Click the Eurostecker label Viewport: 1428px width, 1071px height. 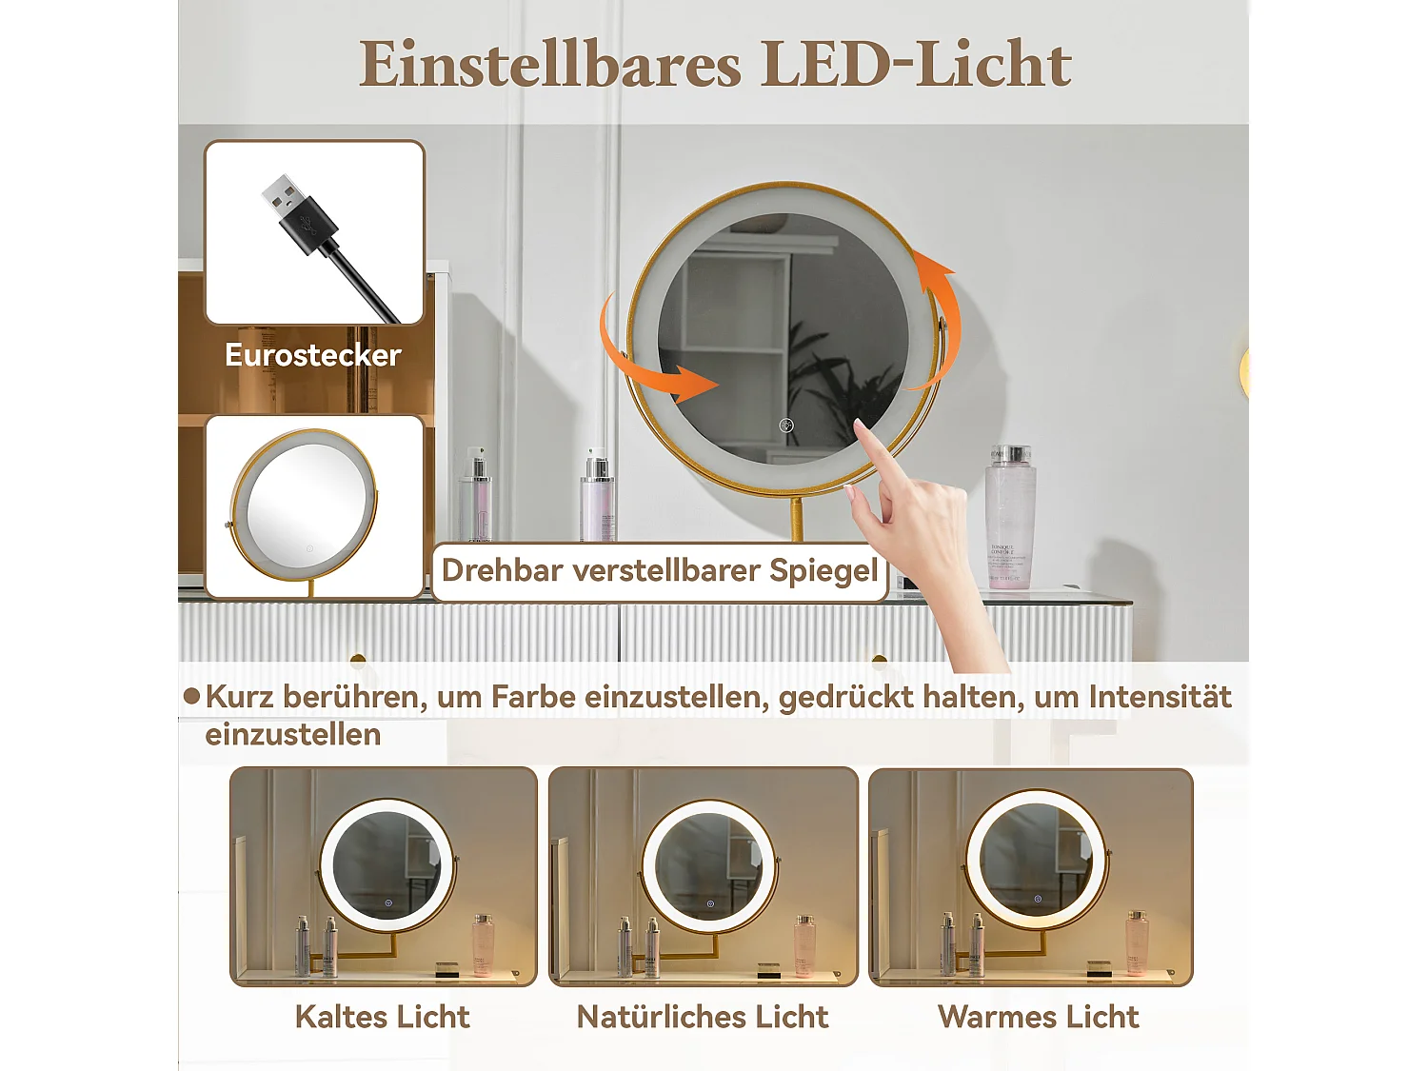pyautogui.click(x=312, y=355)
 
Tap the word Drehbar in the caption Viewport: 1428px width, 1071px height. pyautogui.click(x=503, y=570)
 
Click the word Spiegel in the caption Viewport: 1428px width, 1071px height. pyautogui.click(x=823, y=570)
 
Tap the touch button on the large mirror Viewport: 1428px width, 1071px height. pyautogui.click(x=786, y=426)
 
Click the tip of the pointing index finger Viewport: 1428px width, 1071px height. pyautogui.click(x=859, y=424)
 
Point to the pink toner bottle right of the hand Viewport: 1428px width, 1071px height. pyautogui.click(x=1009, y=519)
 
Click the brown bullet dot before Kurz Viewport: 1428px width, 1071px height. pyautogui.click(x=191, y=696)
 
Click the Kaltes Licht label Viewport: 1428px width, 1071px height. pyautogui.click(x=382, y=1017)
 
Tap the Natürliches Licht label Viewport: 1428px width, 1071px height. pyautogui.click(x=703, y=1017)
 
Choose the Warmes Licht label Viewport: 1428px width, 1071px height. pyautogui.click(x=1038, y=1017)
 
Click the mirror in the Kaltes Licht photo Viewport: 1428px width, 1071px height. pyautogui.click(x=387, y=864)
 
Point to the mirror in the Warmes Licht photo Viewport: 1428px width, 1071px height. pyautogui.click(x=1036, y=859)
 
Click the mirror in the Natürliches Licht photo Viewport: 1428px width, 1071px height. pyautogui.click(x=708, y=865)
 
